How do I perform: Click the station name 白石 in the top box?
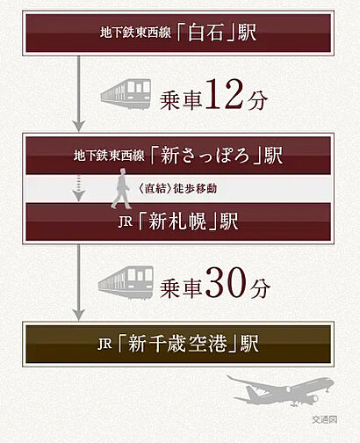point(205,33)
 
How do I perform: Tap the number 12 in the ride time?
point(224,95)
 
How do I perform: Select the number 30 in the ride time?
point(226,282)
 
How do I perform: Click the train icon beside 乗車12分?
point(126,93)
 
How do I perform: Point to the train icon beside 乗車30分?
point(126,282)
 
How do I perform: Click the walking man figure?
point(121,189)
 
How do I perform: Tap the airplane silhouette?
point(280,390)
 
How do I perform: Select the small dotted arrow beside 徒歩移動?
point(78,188)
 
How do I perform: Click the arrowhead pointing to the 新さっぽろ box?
point(78,126)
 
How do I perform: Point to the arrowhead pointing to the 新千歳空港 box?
point(78,314)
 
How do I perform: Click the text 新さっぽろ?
point(205,156)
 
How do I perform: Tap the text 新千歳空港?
point(177,344)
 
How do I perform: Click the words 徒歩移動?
point(195,188)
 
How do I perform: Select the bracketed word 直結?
point(155,188)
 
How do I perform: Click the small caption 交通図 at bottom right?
point(325,419)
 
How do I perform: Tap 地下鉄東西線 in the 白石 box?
point(135,33)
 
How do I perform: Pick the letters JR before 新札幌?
point(126,221)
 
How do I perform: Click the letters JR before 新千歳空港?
point(105,344)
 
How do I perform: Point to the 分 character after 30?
point(260,288)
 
